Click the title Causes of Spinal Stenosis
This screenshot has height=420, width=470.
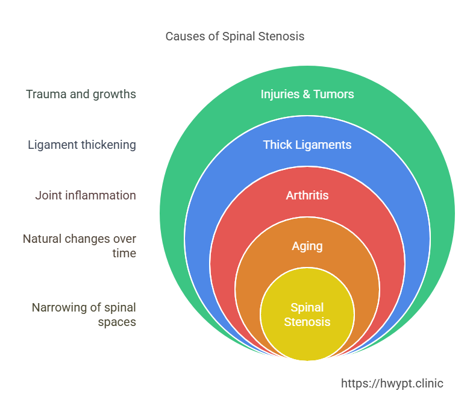click(235, 36)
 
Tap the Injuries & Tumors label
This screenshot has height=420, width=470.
click(307, 94)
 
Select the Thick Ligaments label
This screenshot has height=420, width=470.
click(307, 145)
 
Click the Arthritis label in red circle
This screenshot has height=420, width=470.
click(307, 195)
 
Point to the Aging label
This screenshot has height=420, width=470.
click(307, 246)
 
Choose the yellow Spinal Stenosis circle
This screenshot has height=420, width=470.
click(307, 315)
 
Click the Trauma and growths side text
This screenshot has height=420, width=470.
click(81, 94)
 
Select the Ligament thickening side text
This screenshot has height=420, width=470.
click(82, 145)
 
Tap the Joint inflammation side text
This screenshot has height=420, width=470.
click(86, 195)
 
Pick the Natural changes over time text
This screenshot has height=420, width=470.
click(80, 246)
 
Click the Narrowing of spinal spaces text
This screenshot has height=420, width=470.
click(84, 315)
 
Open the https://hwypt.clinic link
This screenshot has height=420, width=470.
click(392, 383)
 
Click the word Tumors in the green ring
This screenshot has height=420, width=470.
click(336, 94)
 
